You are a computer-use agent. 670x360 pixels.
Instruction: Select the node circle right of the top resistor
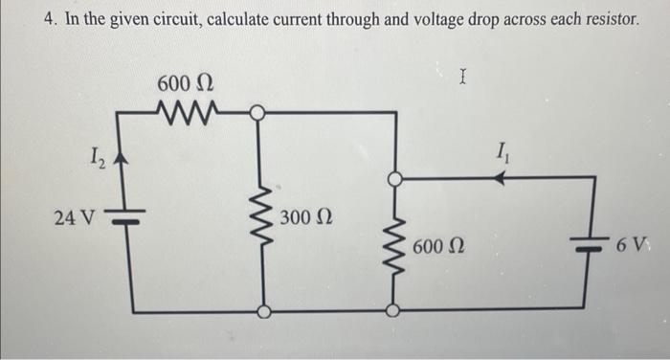257,114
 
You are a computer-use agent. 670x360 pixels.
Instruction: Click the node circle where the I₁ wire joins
392,179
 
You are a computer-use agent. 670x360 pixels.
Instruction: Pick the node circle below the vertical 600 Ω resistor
391,309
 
